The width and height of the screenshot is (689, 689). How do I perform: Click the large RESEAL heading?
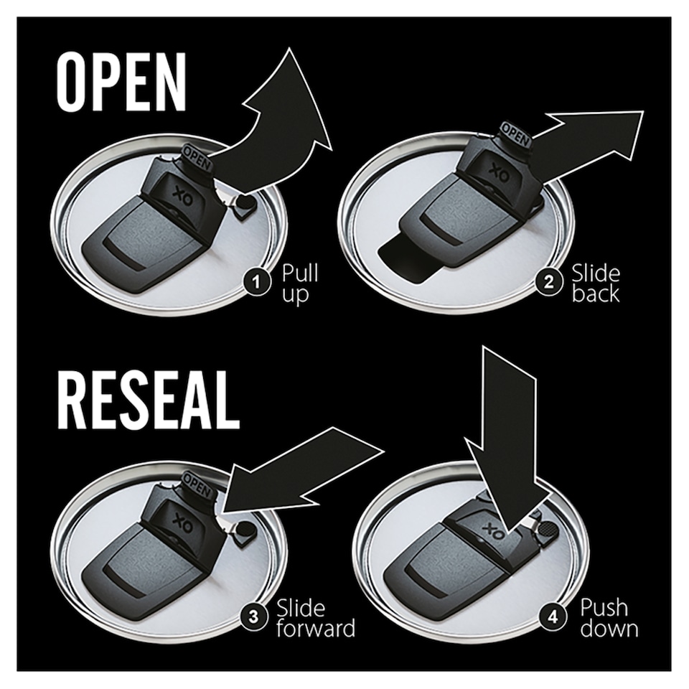click(149, 400)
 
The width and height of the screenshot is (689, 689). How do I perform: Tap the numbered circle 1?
click(257, 281)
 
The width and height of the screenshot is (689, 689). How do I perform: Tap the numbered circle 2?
click(548, 281)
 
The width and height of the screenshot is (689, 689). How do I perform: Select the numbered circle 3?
click(253, 617)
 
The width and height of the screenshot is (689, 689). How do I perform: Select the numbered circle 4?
click(553, 617)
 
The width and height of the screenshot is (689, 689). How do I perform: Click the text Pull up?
click(300, 283)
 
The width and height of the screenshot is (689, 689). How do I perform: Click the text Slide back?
click(596, 283)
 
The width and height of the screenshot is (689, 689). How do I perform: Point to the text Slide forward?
click(316, 618)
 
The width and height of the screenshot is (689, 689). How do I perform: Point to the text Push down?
click(609, 618)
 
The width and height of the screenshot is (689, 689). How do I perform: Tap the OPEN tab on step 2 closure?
click(515, 135)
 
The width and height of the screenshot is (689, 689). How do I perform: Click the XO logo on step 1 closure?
click(179, 193)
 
